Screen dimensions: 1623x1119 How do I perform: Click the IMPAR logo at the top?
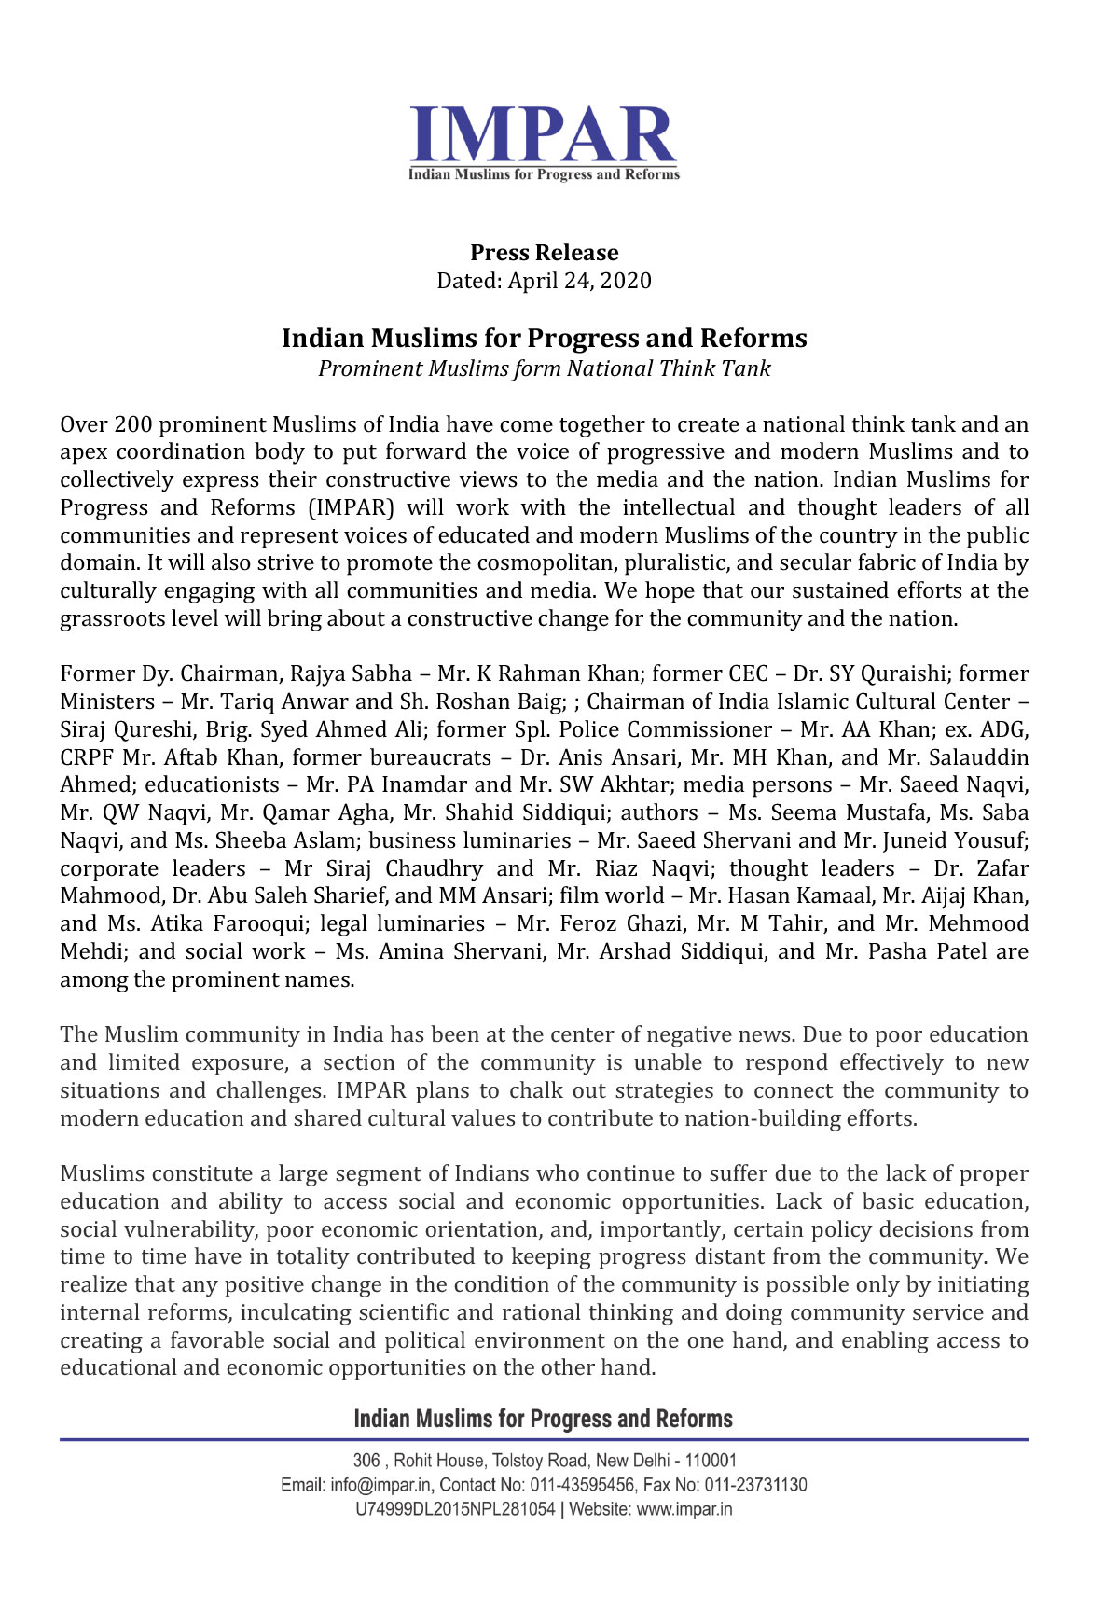tap(544, 142)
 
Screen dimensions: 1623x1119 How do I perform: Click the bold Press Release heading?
tap(544, 253)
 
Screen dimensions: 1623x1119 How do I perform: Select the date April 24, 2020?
tap(579, 281)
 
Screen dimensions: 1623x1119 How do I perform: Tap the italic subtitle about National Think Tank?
tap(544, 368)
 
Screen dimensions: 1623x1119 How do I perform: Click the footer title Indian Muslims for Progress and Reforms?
tap(544, 1419)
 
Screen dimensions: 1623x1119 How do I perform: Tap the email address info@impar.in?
tap(380, 1484)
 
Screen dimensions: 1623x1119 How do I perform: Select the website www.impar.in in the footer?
tap(684, 1508)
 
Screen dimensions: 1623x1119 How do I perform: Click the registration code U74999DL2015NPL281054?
tap(455, 1508)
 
